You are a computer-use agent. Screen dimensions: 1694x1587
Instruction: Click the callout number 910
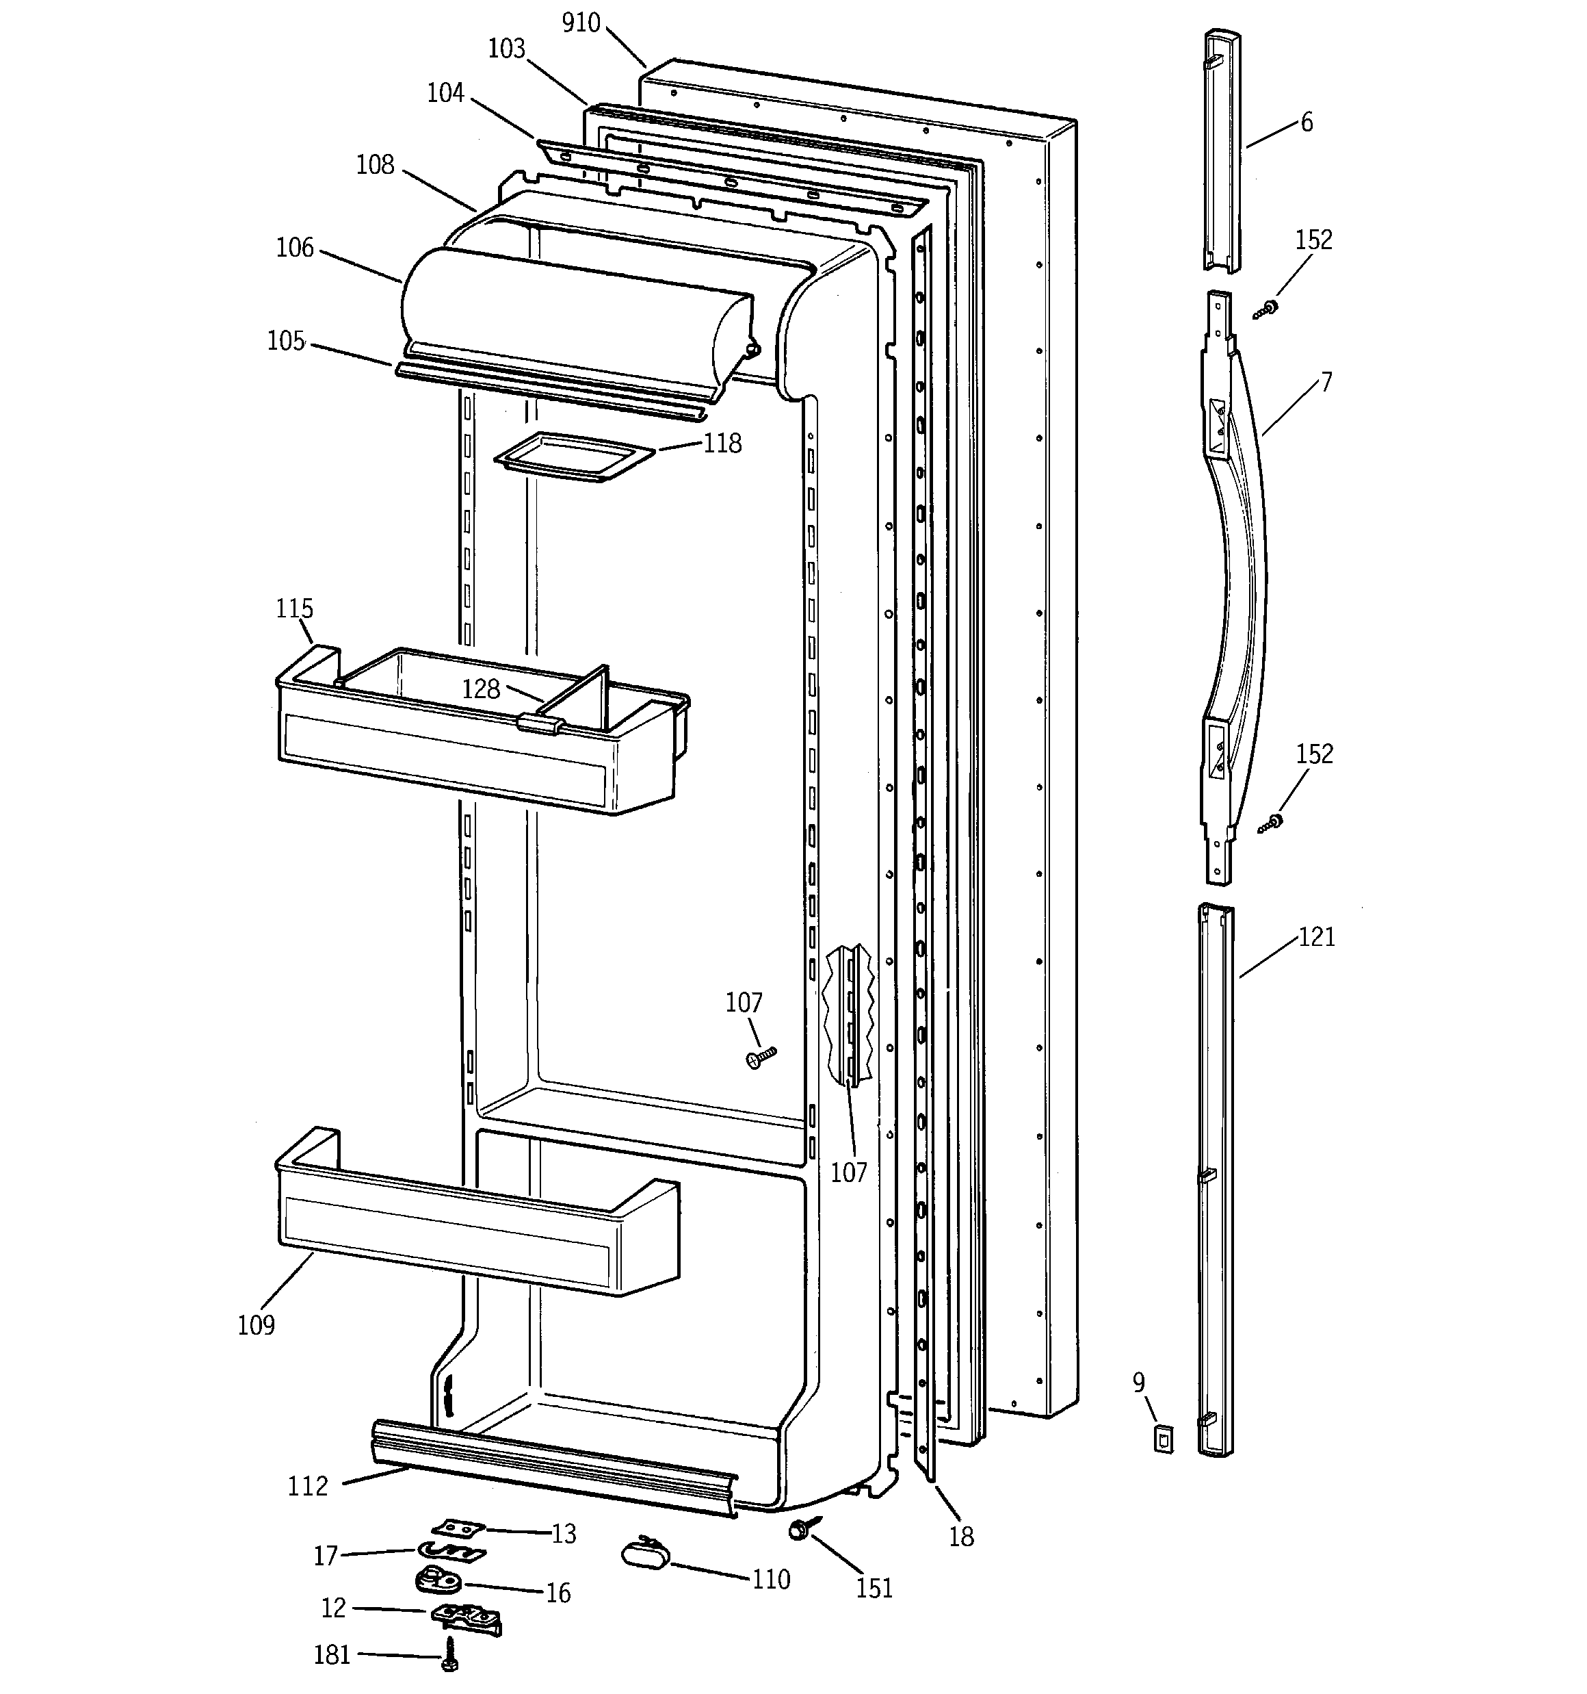point(581,23)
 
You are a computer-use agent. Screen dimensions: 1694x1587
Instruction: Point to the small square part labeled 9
point(1163,1440)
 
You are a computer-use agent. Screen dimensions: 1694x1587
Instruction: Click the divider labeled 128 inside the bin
point(580,699)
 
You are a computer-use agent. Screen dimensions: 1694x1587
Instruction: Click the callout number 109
point(256,1325)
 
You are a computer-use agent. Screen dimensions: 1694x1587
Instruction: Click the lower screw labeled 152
point(1272,823)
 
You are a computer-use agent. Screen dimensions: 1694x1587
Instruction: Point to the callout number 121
point(1316,936)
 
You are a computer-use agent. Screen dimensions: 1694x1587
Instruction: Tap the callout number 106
point(295,248)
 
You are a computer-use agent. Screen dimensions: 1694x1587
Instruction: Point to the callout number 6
point(1307,123)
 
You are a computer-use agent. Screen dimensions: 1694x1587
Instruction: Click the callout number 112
point(308,1486)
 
